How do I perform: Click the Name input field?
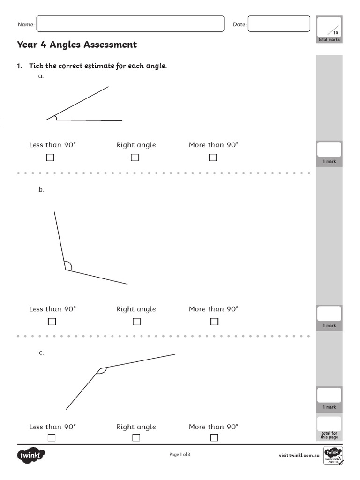click(x=130, y=24)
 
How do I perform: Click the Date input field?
click(x=278, y=24)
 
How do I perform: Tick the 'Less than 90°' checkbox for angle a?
click(x=50, y=157)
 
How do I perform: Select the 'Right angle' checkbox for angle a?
click(x=135, y=157)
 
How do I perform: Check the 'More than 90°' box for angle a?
click(x=213, y=157)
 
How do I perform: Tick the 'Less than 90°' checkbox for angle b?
click(x=52, y=322)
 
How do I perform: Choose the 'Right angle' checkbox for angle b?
click(x=136, y=322)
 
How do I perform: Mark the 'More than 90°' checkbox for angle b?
click(x=214, y=322)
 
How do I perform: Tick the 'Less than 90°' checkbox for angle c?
click(x=52, y=438)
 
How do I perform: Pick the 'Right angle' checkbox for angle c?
click(x=136, y=438)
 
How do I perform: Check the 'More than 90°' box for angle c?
click(x=214, y=438)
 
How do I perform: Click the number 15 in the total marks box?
click(x=335, y=33)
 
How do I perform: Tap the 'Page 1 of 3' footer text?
click(x=180, y=454)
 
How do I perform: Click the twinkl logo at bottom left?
click(x=31, y=455)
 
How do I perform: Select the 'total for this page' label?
click(x=329, y=435)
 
